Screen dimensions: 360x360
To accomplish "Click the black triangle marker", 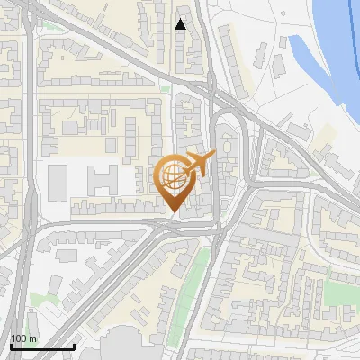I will (x=181, y=24).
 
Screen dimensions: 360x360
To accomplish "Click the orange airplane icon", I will (x=199, y=163).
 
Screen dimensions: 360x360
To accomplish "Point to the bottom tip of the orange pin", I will (x=172, y=211).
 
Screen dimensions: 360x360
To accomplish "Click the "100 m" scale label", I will (x=24, y=338).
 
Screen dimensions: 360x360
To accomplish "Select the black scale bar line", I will (x=41, y=346).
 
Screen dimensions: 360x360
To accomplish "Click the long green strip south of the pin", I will (x=200, y=279).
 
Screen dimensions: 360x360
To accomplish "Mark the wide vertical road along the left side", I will (x=30, y=180).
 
